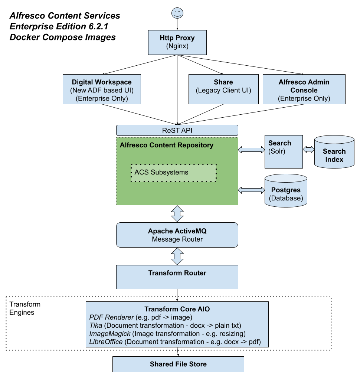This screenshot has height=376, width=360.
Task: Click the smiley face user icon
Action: (x=177, y=13)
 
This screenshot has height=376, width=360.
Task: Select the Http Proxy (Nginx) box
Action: (x=177, y=42)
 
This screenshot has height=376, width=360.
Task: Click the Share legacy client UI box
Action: (x=223, y=89)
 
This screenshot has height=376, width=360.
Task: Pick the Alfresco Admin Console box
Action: (x=304, y=89)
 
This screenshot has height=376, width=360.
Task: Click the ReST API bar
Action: (x=177, y=130)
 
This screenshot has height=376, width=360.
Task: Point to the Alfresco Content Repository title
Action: (x=167, y=145)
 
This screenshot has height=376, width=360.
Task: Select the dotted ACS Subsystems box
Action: (x=173, y=173)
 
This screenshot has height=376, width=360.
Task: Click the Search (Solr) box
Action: (x=284, y=151)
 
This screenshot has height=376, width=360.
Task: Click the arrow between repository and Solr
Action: (x=251, y=150)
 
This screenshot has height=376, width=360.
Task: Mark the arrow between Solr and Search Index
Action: (x=308, y=150)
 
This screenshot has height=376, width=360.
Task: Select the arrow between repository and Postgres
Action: (x=251, y=190)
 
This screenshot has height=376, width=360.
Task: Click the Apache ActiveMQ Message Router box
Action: (x=177, y=235)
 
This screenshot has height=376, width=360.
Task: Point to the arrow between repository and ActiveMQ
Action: (x=177, y=214)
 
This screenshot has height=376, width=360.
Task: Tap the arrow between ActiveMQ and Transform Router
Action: (x=177, y=256)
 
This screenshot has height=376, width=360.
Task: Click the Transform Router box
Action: (x=177, y=277)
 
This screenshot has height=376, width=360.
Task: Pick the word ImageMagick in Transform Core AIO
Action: (x=110, y=334)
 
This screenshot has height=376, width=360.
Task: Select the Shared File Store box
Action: (x=178, y=364)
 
